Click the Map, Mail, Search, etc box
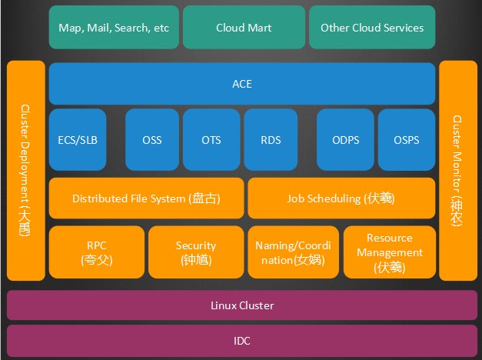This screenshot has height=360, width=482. tap(114, 28)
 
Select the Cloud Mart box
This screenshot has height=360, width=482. tap(243, 28)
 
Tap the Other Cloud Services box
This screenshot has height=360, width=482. tap(371, 28)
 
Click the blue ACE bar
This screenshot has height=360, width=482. tap(241, 84)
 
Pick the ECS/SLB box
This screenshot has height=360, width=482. tap(78, 140)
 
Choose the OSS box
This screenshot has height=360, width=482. tap(152, 140)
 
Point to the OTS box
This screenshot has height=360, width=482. tap(211, 140)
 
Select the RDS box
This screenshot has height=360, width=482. tap(271, 140)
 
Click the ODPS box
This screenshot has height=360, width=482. tap(345, 140)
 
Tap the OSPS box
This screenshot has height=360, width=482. tap(406, 140)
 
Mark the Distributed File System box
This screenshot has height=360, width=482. tap(146, 198)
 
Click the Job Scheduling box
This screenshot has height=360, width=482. tap(341, 198)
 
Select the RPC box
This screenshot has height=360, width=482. tap(97, 252)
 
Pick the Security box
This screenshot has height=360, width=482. tap(196, 252)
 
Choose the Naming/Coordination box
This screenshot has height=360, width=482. tap(292, 252)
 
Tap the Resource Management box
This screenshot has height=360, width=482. tap(389, 252)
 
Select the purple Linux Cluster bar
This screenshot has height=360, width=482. tap(241, 305)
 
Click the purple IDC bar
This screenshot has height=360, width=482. tap(241, 340)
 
